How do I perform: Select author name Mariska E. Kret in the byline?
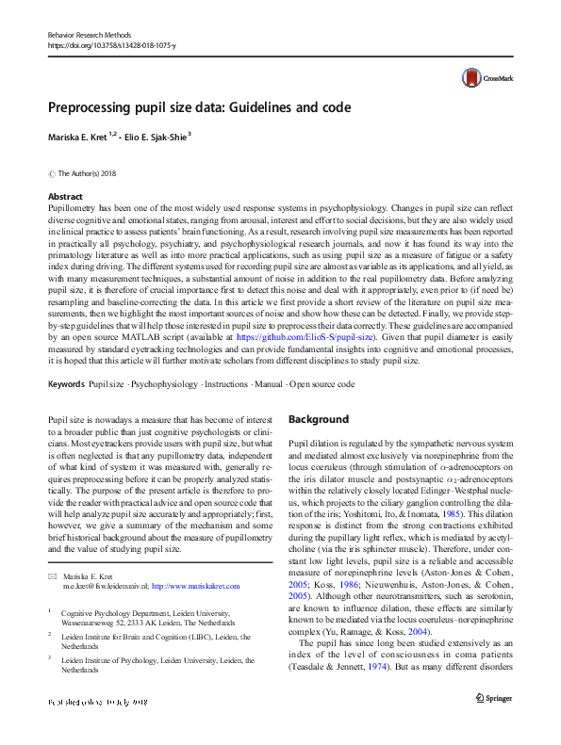(82, 137)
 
